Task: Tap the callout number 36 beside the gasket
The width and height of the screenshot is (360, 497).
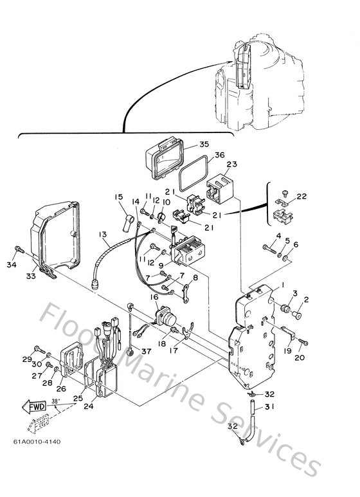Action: click(219, 155)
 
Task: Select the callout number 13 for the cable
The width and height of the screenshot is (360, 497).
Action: click(104, 235)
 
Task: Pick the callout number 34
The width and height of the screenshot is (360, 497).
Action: click(11, 264)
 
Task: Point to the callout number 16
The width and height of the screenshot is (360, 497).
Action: click(155, 297)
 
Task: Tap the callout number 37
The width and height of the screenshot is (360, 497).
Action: click(147, 351)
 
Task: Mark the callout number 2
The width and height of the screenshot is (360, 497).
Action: click(306, 298)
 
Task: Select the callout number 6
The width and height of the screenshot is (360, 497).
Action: click(296, 244)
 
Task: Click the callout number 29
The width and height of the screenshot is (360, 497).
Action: click(28, 358)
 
